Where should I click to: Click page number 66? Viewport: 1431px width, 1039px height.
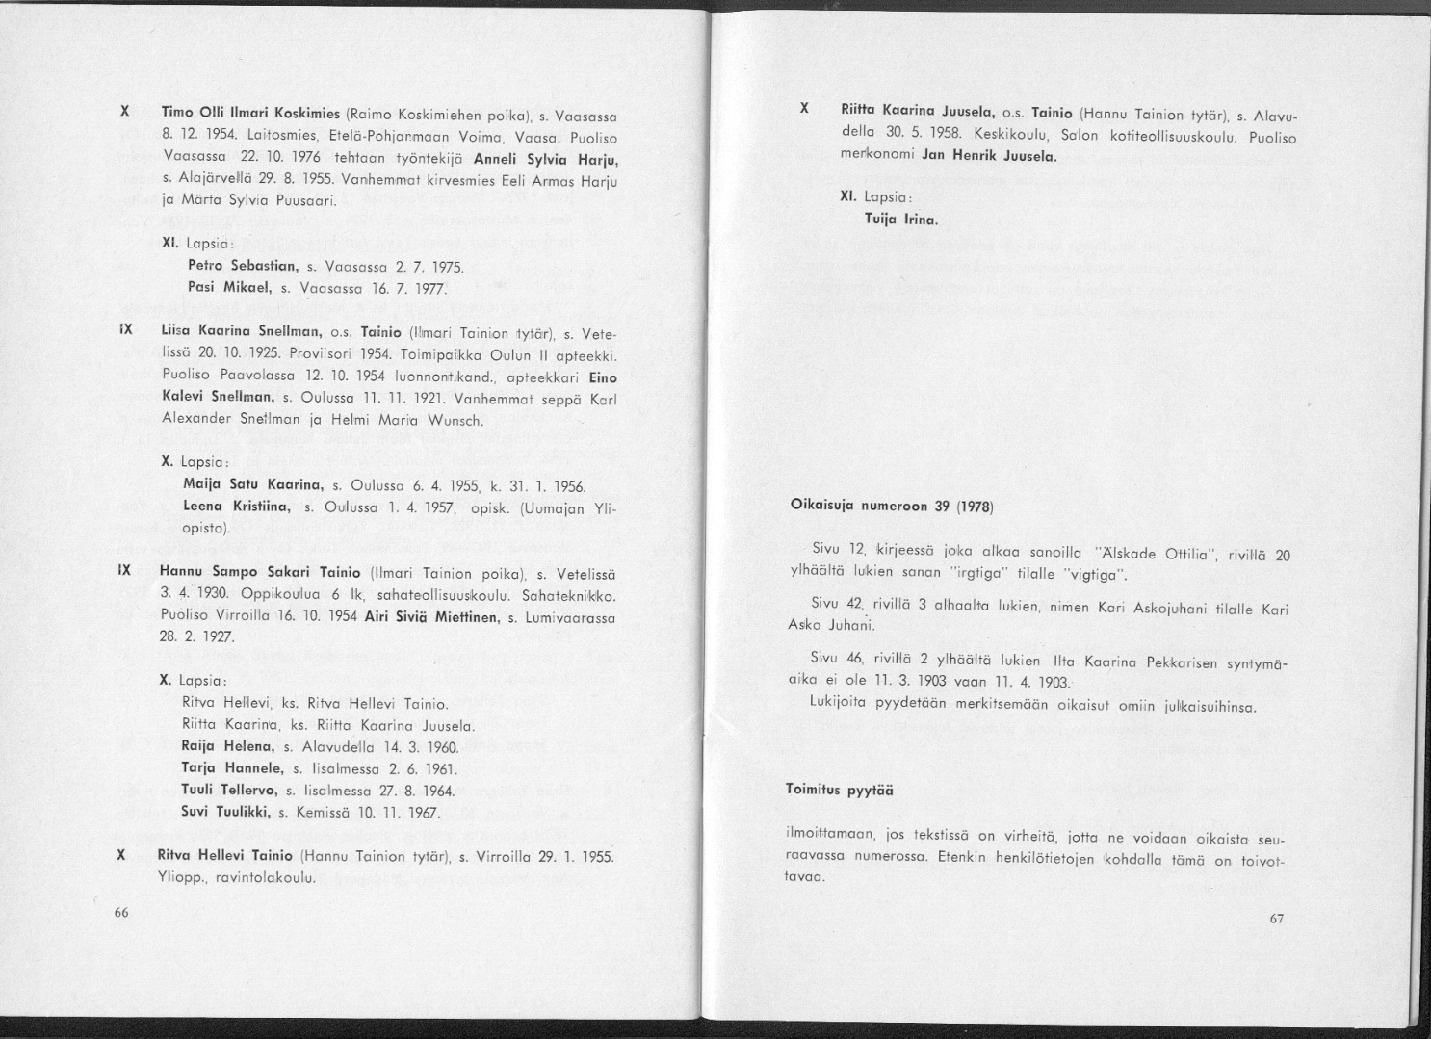[x=120, y=913]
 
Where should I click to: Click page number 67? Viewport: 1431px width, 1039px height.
[x=1276, y=919]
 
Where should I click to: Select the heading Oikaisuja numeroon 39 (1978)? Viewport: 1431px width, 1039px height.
[x=891, y=506]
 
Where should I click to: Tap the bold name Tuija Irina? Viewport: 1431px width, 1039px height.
[x=900, y=220]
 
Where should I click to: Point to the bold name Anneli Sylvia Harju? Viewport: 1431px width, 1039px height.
[x=546, y=159]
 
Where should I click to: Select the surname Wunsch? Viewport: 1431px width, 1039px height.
[x=440, y=420]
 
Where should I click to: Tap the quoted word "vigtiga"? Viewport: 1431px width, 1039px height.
[x=1091, y=577]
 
